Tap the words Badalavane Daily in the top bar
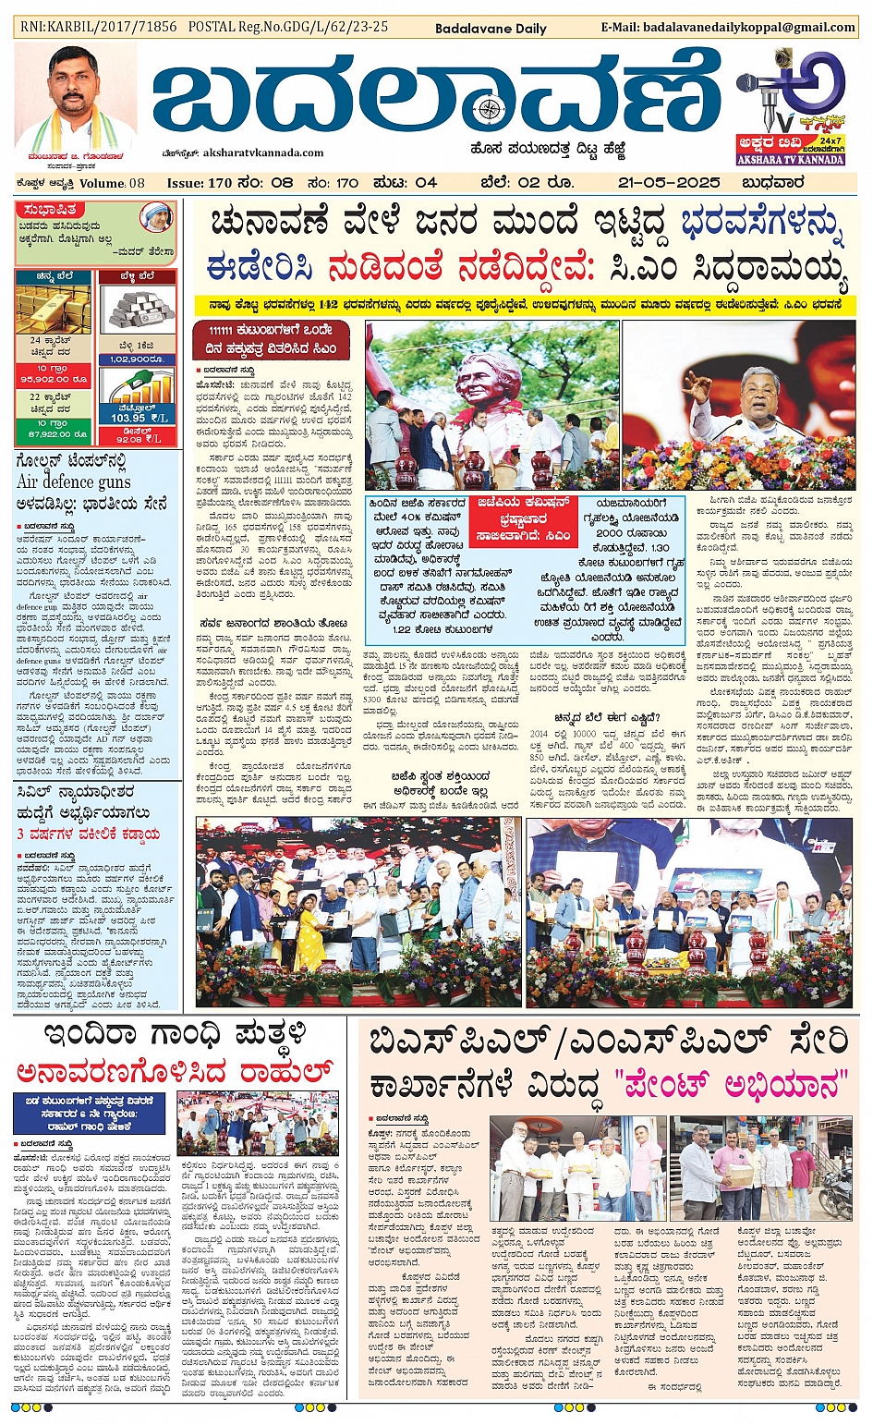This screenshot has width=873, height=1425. (491, 29)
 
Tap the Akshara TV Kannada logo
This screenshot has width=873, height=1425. (790, 106)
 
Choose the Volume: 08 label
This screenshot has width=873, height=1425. (111, 183)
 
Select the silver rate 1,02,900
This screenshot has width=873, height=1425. (136, 359)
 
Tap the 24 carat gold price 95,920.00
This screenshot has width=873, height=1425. (53, 378)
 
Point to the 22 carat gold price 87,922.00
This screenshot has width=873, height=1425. (53, 432)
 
